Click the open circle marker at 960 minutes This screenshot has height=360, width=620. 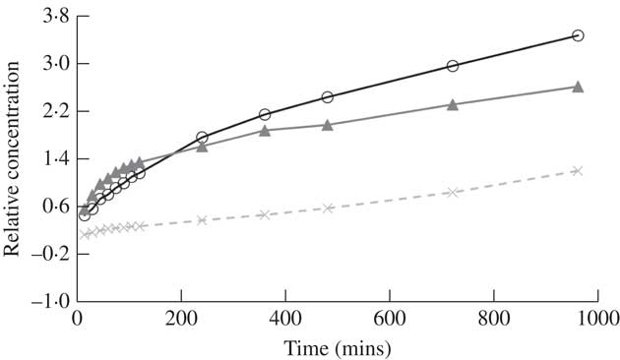[x=578, y=35]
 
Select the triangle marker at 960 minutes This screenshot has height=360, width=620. [x=578, y=87]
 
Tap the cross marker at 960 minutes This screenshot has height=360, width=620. [x=578, y=170]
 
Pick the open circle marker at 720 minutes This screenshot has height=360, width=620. [x=453, y=66]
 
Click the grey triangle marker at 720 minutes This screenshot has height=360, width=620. [x=453, y=104]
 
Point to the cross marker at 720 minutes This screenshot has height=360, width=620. [x=453, y=192]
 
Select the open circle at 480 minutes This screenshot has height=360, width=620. [x=328, y=96]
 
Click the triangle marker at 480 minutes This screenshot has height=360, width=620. [x=328, y=125]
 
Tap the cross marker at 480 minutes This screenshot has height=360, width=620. [x=328, y=208]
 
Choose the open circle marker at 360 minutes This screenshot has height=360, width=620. [x=265, y=114]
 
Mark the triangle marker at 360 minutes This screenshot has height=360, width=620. [x=265, y=130]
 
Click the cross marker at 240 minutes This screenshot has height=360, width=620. [x=202, y=220]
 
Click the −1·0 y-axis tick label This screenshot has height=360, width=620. [x=48, y=301]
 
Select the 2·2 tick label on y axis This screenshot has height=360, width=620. [x=51, y=111]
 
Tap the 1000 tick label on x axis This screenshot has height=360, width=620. [x=598, y=320]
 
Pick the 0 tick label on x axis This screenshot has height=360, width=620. [x=78, y=320]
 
